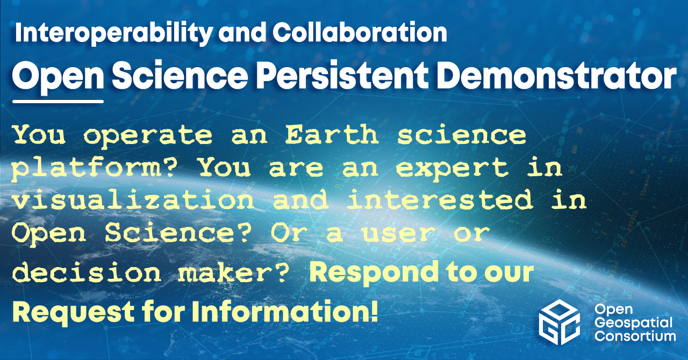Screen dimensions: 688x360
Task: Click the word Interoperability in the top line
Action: click(x=114, y=33)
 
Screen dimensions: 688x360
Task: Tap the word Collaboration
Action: click(x=360, y=32)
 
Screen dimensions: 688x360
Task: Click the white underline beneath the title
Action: click(x=58, y=101)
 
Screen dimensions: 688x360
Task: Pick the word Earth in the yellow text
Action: click(x=332, y=135)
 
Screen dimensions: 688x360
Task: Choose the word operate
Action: click(x=148, y=136)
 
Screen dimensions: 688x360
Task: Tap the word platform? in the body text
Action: click(x=95, y=169)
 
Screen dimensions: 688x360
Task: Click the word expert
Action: click(x=452, y=169)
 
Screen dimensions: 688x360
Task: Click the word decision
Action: click(x=87, y=272)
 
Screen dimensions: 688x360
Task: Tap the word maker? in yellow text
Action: click(x=233, y=272)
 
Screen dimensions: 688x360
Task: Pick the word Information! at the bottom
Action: click(x=285, y=311)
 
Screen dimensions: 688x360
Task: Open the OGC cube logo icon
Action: click(x=559, y=322)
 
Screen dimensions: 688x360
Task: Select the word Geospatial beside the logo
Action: click(x=633, y=323)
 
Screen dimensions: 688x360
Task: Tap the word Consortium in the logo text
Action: click(x=635, y=336)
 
